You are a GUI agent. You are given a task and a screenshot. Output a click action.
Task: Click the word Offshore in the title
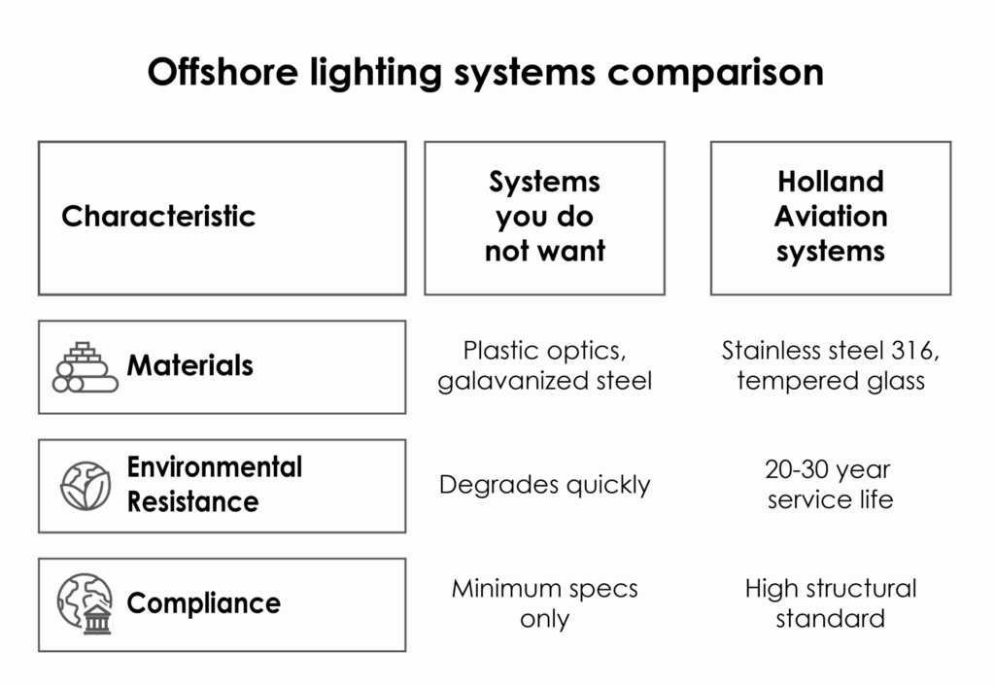223,71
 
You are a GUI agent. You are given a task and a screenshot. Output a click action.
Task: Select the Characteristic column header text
158,217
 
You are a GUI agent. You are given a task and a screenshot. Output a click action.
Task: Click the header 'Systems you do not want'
544,217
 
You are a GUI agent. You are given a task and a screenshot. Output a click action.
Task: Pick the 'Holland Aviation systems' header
831,217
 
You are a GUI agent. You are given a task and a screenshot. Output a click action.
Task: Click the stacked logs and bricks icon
86,367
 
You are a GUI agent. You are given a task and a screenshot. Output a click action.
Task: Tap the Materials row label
189,365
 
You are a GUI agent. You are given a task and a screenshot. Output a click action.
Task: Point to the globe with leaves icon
86,486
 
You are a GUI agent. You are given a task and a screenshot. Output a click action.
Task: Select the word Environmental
215,467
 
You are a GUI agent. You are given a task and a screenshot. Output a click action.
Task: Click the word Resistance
193,502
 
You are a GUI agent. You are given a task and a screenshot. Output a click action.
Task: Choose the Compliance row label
204,603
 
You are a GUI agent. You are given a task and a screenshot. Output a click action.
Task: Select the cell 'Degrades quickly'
544,486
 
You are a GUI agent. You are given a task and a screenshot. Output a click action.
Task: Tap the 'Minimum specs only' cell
544,603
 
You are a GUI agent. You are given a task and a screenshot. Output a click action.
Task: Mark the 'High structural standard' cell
831,603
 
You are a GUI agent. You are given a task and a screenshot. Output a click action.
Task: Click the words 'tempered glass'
831,382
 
